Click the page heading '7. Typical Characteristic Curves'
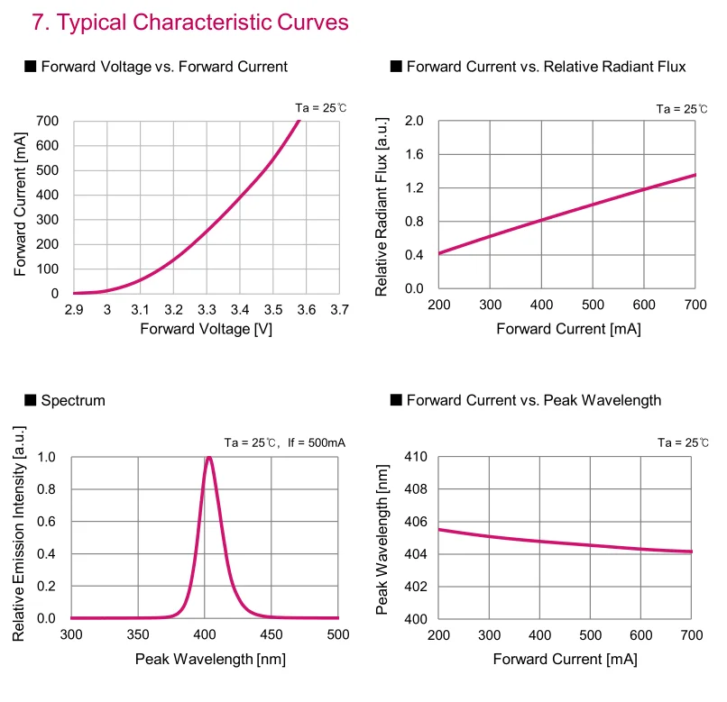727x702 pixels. click(x=189, y=23)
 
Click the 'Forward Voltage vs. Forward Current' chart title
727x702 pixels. click(x=164, y=67)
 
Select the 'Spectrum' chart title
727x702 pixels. click(x=73, y=400)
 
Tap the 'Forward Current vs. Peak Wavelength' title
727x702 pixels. click(x=534, y=400)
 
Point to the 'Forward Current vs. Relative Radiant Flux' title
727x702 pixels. click(x=546, y=67)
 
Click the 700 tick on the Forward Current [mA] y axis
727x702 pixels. click(x=48, y=121)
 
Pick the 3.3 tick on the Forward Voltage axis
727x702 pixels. click(x=207, y=310)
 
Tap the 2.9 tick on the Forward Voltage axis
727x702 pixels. click(x=74, y=310)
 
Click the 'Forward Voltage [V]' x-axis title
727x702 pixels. click(x=206, y=329)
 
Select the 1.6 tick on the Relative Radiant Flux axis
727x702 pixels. click(x=414, y=154)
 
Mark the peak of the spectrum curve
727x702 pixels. click(x=209, y=457)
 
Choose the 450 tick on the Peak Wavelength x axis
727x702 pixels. click(x=271, y=635)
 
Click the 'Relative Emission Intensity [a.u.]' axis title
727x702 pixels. click(x=19, y=538)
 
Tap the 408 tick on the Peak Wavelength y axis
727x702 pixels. click(x=414, y=489)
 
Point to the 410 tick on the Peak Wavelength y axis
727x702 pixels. click(x=414, y=457)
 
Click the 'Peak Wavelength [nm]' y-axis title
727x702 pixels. click(x=382, y=539)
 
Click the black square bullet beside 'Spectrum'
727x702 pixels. click(x=31, y=400)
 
